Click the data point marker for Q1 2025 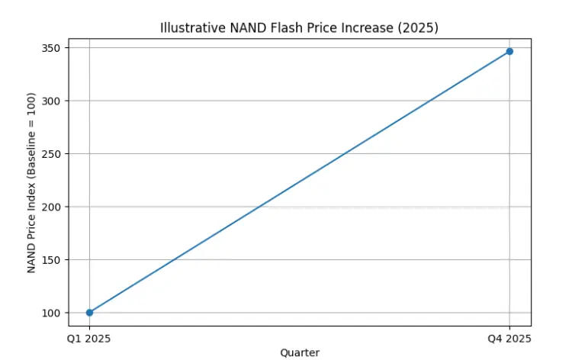click(x=89, y=313)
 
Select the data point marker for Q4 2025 click(x=509, y=51)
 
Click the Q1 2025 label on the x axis click(x=89, y=338)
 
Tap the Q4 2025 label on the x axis click(x=509, y=338)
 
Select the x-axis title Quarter click(x=300, y=352)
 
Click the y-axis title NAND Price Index click(x=31, y=183)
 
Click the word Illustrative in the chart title click(x=188, y=28)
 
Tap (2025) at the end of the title click(x=420, y=28)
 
